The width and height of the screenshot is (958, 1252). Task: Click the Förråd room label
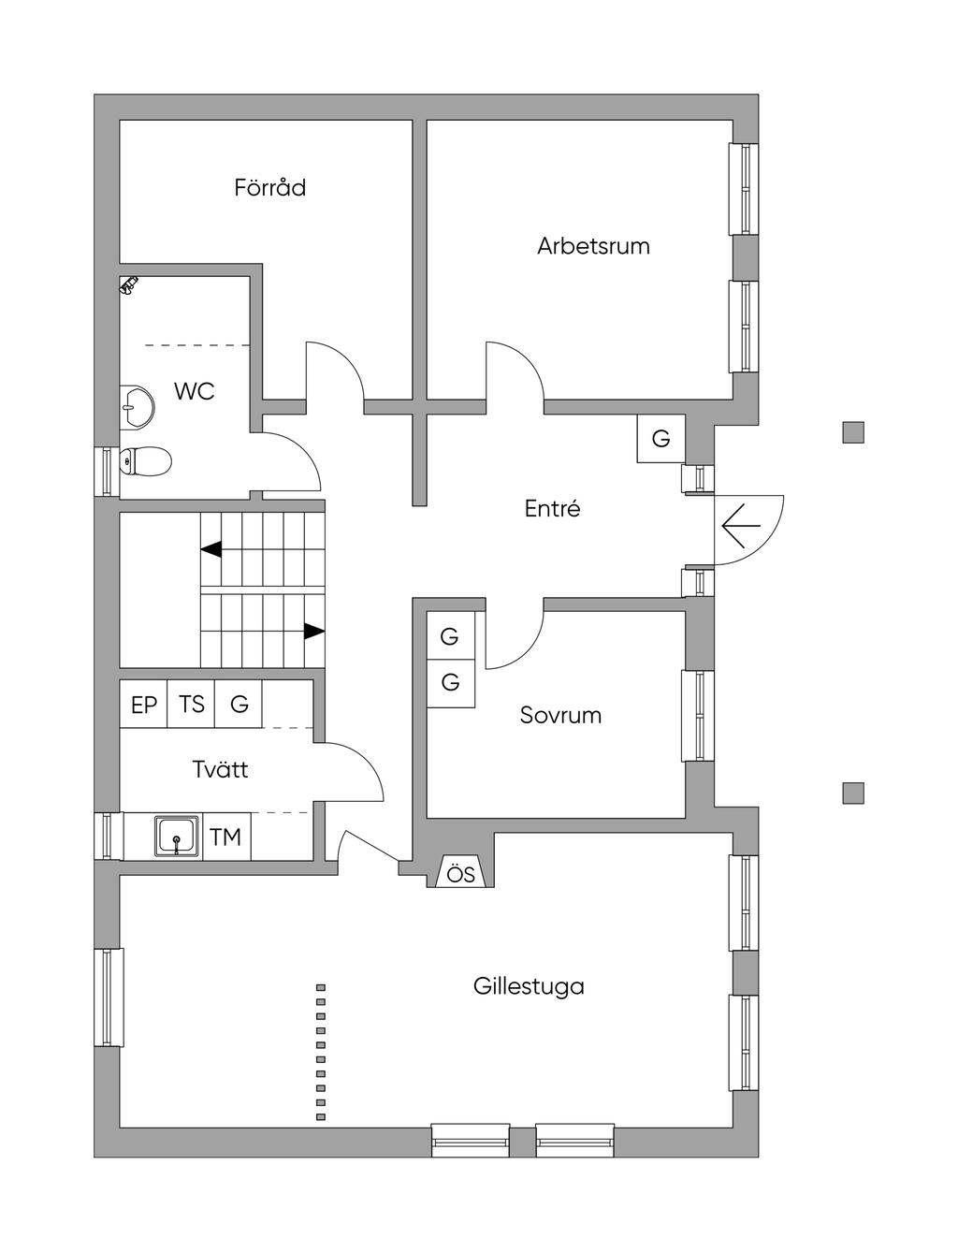[269, 187]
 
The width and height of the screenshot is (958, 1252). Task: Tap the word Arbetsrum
[593, 246]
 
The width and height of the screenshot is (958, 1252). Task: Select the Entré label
[552, 509]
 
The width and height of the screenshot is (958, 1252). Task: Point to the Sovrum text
[560, 716]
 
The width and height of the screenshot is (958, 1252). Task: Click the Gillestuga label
[529, 986]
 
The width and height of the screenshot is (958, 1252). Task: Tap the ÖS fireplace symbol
[460, 874]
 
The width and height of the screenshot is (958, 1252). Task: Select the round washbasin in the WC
[138, 407]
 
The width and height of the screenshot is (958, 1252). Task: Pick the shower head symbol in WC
[129, 284]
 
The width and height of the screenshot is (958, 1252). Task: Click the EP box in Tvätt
[143, 705]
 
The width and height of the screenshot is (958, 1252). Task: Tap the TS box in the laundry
[191, 705]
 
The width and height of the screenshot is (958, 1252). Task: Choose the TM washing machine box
[225, 837]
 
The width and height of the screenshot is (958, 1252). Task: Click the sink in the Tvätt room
[176, 836]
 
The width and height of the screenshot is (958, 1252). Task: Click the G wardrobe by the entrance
[660, 438]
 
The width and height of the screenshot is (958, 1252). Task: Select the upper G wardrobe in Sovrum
[450, 636]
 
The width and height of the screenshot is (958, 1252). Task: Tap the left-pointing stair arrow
[211, 549]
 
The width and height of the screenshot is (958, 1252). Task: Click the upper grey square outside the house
[852, 432]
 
